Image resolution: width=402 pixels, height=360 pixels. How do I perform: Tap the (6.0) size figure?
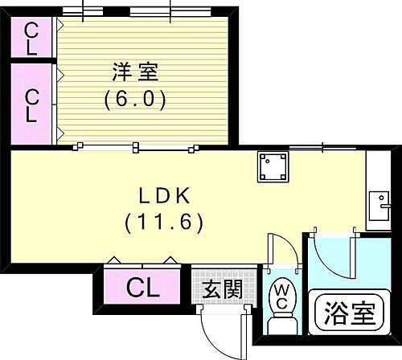click(x=135, y=100)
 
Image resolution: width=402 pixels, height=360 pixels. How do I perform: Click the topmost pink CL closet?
click(x=32, y=37)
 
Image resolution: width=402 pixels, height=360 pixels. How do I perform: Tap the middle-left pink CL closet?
click(x=32, y=105)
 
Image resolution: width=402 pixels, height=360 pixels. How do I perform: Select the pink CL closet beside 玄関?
click(x=142, y=284)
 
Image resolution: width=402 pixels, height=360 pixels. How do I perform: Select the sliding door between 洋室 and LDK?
click(x=135, y=147)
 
